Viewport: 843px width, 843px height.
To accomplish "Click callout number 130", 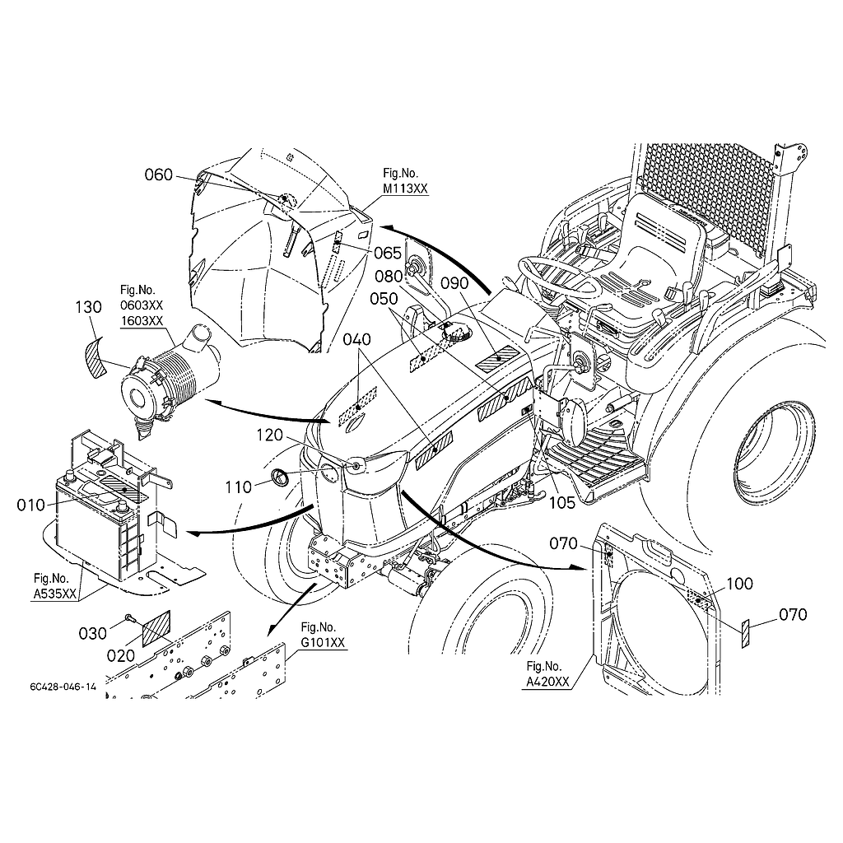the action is click(x=89, y=307).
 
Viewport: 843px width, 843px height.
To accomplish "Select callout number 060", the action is click(x=159, y=175).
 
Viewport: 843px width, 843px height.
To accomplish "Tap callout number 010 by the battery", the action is click(x=31, y=505).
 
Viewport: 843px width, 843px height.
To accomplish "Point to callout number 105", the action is click(x=561, y=503).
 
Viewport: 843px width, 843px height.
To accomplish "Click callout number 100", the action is click(x=740, y=584).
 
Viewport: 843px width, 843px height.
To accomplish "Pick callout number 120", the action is click(x=269, y=435).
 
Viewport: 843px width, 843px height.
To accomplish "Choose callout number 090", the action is click(x=454, y=283).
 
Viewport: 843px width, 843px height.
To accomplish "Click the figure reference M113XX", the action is click(x=405, y=189).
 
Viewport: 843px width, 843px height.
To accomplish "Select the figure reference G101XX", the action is click(x=323, y=642).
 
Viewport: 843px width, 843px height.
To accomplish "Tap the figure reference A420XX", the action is click(x=547, y=682).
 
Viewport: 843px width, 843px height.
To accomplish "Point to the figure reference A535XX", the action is click(x=54, y=594).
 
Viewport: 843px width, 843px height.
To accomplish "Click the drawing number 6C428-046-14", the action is click(x=63, y=687).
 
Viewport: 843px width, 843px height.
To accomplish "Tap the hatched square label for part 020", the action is click(x=156, y=628).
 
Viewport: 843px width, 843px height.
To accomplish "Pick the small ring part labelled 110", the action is click(x=280, y=476).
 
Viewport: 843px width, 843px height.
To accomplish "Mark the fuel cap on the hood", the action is click(x=456, y=333).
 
